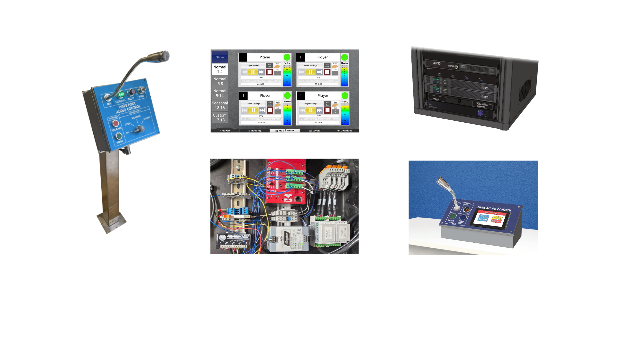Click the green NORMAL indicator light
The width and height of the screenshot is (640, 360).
pyautogui.click(x=121, y=94)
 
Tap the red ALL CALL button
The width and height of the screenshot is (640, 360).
pyautogui.click(x=115, y=123)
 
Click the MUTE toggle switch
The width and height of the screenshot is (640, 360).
pyautogui.click(x=142, y=90)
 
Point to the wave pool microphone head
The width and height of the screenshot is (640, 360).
pyautogui.click(x=164, y=56)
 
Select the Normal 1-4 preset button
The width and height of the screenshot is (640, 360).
pyautogui.click(x=220, y=69)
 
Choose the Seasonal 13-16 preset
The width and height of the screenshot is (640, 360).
pyautogui.click(x=220, y=105)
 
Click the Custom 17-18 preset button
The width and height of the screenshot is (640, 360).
pyautogui.click(x=220, y=118)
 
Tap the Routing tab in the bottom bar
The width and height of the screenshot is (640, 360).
pyautogui.click(x=255, y=131)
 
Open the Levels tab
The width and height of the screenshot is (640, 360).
pyautogui.click(x=315, y=131)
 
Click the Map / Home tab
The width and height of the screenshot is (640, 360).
pyautogui.click(x=285, y=131)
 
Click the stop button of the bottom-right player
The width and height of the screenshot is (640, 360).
pyautogui.click(x=327, y=110)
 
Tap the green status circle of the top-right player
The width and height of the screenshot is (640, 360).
pyautogui.click(x=345, y=57)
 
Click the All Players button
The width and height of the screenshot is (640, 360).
pyautogui.click(x=220, y=57)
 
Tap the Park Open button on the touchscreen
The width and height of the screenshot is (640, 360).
pyautogui.click(x=483, y=218)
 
